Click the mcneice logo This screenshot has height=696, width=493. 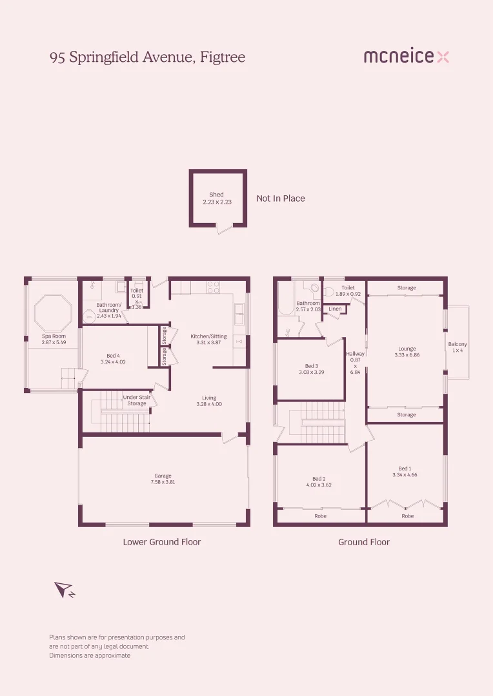coord(406,57)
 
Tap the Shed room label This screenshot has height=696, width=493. coord(216,195)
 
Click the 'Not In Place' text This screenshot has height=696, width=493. coord(281,198)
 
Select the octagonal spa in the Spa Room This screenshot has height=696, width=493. coord(53,312)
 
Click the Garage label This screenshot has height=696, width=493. coord(163,476)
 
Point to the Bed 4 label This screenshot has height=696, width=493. coord(113,356)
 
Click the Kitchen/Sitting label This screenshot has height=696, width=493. coord(208,336)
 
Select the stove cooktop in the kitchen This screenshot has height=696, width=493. coord(213,287)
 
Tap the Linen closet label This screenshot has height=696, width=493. coord(335,309)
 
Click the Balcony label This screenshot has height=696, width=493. coord(458,344)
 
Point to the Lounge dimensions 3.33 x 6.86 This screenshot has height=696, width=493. coord(407,355)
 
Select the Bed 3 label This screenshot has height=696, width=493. coord(310,366)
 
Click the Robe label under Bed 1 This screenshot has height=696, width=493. coord(407,516)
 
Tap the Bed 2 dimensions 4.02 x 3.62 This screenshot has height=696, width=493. coord(319,485)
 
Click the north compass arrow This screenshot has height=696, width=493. coord(63,589)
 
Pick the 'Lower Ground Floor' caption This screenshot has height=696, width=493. coord(162,542)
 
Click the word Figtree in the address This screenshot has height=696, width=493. coord(223,57)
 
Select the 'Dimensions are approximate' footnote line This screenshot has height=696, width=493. coord(90,655)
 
